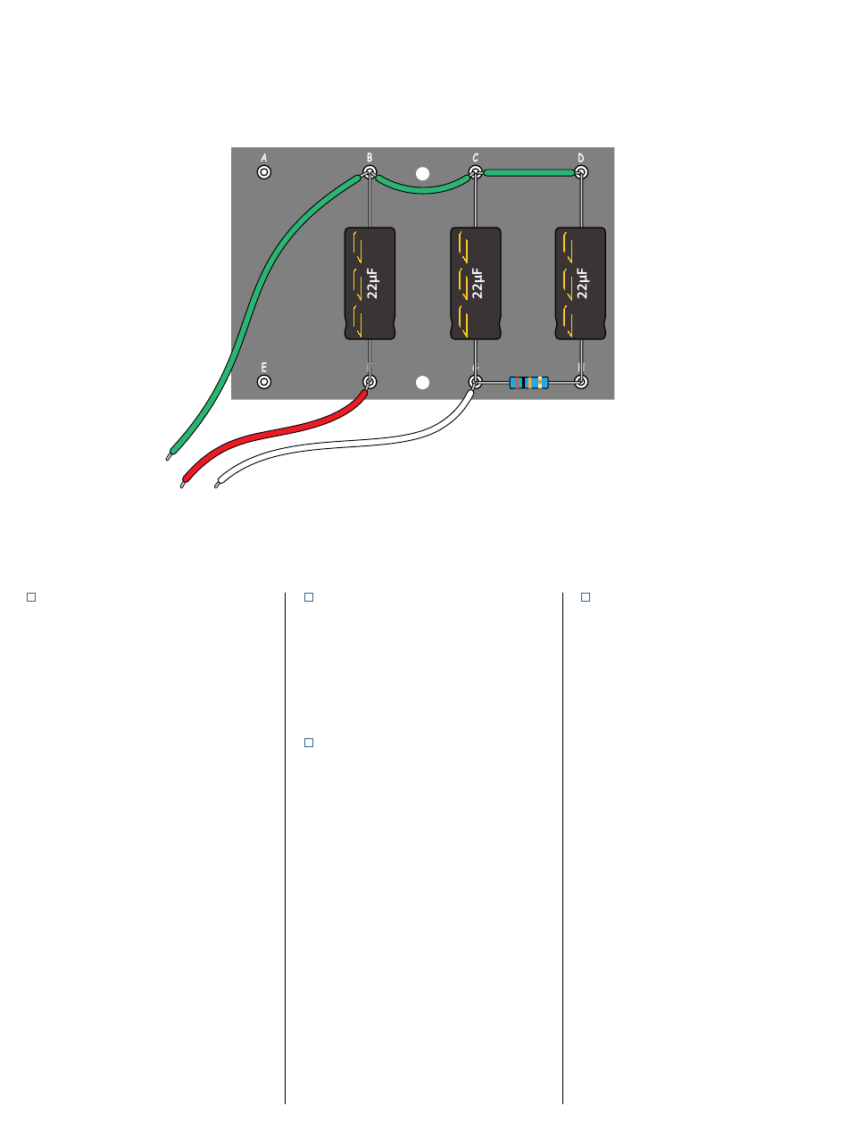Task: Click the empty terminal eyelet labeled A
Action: pos(264,171)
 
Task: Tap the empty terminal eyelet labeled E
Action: pos(264,382)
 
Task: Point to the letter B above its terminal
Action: pos(370,157)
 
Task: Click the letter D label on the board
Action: pos(580,157)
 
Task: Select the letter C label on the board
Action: pos(475,157)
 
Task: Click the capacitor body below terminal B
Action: pos(370,283)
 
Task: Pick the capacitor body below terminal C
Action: pos(475,283)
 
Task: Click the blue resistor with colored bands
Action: pos(528,383)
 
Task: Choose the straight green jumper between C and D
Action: pos(528,172)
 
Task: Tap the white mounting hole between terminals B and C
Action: pos(424,172)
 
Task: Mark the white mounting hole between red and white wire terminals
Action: pos(424,383)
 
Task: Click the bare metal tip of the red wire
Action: pos(181,485)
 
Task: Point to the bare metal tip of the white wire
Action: pos(217,486)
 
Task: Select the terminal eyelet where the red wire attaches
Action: pos(369,383)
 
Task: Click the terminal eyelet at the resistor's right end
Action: pos(581,383)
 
